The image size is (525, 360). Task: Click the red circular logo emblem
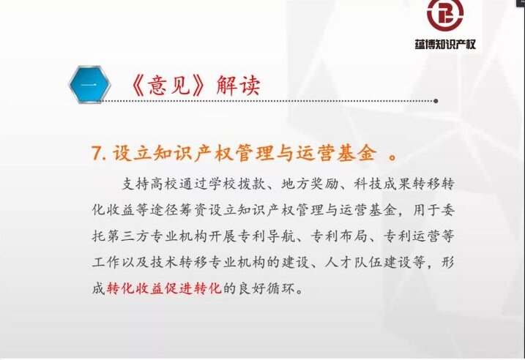[x=445, y=15]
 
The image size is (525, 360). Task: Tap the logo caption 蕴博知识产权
[x=445, y=44]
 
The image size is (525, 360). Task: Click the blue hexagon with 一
[x=89, y=84]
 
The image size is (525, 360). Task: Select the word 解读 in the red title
[x=238, y=86]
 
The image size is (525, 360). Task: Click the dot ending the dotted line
[x=436, y=101]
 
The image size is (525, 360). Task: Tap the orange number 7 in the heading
[x=96, y=154]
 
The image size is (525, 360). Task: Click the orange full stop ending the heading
[x=393, y=157]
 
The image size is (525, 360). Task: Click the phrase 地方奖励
[x=310, y=184]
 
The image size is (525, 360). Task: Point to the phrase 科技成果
[x=382, y=184]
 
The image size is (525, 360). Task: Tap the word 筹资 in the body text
[x=193, y=210]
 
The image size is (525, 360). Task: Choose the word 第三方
[x=128, y=236]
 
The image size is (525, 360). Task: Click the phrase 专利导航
[x=267, y=236]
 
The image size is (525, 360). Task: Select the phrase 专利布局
[x=339, y=236]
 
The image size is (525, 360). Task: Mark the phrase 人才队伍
[x=353, y=262]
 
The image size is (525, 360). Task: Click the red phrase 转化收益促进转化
[x=165, y=288]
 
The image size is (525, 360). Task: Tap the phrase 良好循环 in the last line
[x=266, y=288]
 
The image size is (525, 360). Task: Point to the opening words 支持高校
[x=150, y=184]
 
